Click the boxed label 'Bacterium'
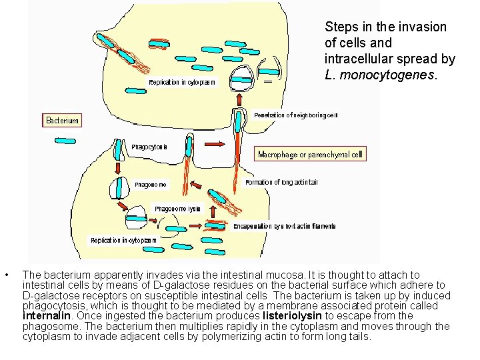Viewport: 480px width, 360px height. (62, 121)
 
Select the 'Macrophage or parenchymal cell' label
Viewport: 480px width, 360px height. (311, 154)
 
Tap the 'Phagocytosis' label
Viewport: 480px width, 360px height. (149, 147)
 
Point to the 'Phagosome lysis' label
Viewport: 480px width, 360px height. (177, 209)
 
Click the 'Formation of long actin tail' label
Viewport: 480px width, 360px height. (281, 182)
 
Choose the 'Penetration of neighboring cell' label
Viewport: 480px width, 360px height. (296, 115)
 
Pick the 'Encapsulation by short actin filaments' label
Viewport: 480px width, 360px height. (284, 226)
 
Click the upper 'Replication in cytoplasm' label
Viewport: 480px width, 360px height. (182, 82)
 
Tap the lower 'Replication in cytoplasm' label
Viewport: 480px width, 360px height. (124, 240)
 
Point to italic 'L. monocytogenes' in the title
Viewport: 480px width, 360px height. (379, 75)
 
